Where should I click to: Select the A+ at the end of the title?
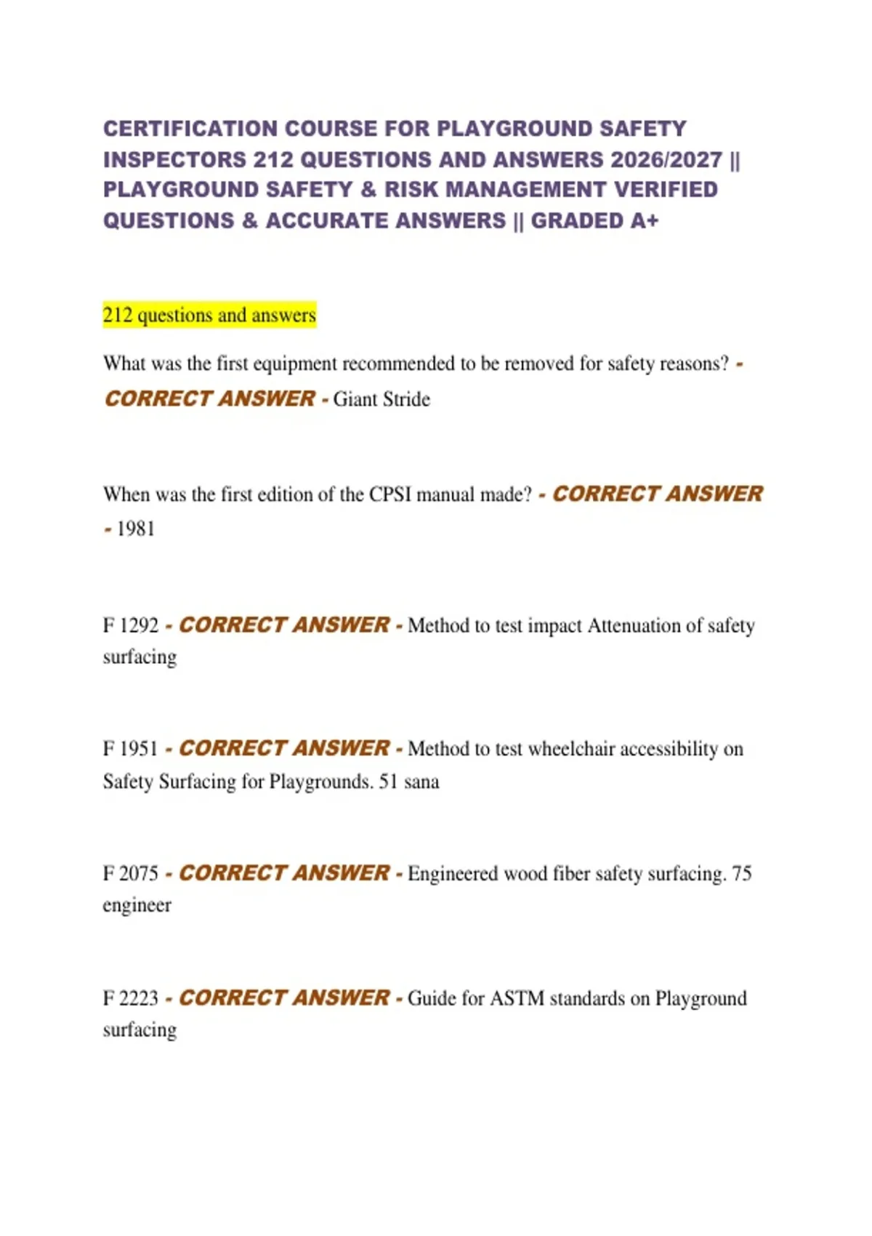click(644, 220)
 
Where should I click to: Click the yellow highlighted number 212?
click(118, 316)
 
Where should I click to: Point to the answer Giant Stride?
click(381, 399)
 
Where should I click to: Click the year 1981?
click(136, 529)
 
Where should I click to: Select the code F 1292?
click(131, 625)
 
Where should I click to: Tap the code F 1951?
click(131, 749)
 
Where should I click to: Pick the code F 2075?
click(131, 873)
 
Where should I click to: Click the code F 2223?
click(131, 998)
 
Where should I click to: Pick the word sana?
click(421, 782)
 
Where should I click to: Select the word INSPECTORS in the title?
click(174, 159)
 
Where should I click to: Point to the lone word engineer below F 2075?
click(137, 905)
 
